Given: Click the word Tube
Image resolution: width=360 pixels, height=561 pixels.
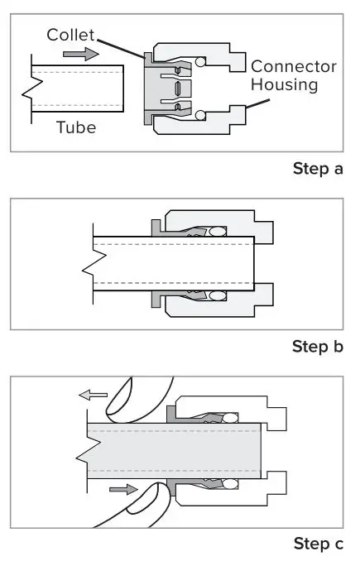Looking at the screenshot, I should [x=77, y=127].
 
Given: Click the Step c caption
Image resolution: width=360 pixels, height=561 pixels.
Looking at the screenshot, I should [x=318, y=544].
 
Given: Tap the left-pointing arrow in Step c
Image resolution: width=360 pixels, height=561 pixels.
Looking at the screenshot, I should [x=93, y=395].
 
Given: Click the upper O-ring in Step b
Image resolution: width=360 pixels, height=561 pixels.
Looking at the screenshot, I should [x=218, y=232].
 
